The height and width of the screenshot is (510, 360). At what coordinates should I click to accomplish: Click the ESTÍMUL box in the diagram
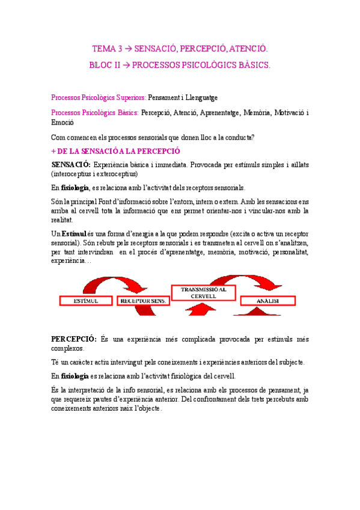point(85,300)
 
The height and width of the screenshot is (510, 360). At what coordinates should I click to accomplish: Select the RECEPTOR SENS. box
point(142,300)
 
